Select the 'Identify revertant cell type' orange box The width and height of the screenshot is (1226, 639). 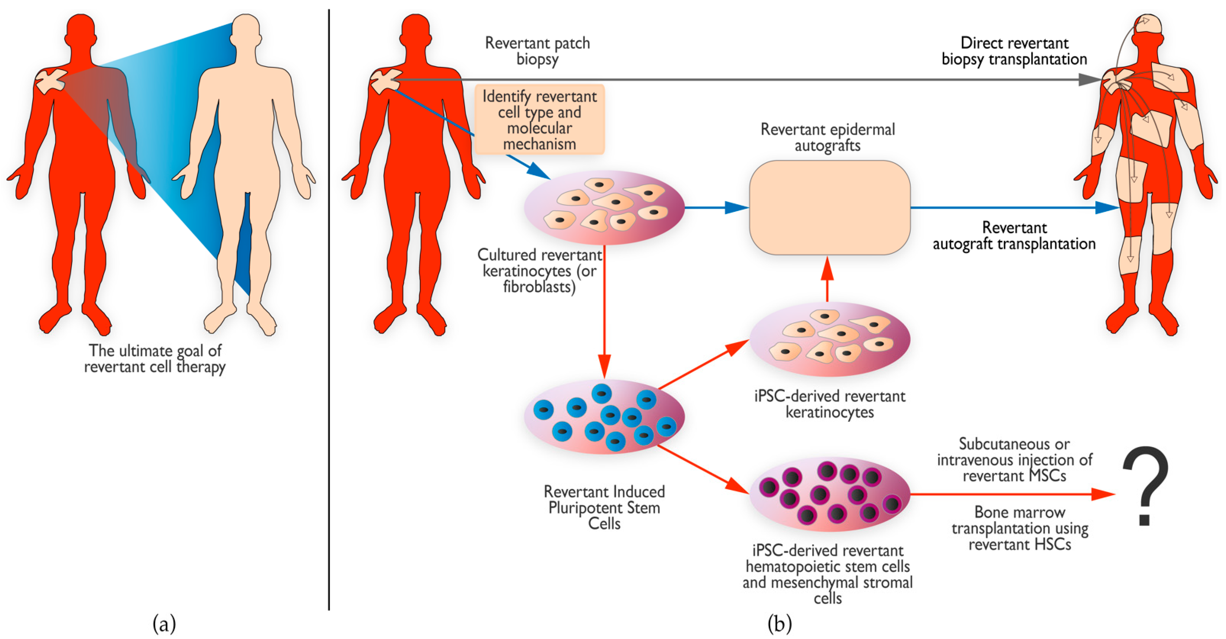(x=539, y=120)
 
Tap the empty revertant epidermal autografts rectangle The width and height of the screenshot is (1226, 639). (x=830, y=208)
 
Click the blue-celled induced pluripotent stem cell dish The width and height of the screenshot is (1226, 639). (x=604, y=417)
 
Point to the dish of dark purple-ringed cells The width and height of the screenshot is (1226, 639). (x=830, y=494)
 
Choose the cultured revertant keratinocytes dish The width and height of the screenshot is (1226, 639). (x=604, y=208)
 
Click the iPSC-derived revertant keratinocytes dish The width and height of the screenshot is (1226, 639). (x=830, y=339)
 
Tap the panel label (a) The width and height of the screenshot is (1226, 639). (x=164, y=623)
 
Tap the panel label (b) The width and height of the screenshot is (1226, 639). (x=779, y=623)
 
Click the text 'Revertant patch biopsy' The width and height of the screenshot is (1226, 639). (x=537, y=51)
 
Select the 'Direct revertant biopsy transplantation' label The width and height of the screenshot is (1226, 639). (x=1014, y=51)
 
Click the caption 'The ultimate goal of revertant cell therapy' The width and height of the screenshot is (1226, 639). (x=155, y=359)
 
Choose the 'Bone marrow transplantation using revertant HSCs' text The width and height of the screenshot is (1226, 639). (x=1020, y=528)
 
